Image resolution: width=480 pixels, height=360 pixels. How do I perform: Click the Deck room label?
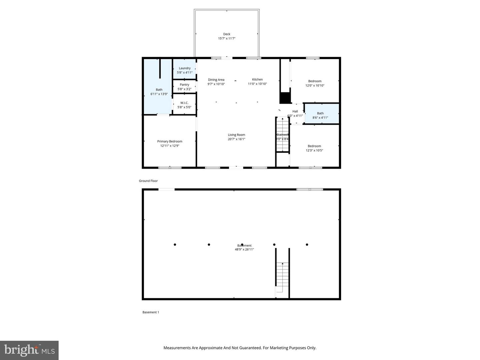click(x=227, y=34)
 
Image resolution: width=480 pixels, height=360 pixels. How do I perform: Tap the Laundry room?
click(x=184, y=69)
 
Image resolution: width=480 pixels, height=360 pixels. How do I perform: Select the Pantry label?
click(x=184, y=85)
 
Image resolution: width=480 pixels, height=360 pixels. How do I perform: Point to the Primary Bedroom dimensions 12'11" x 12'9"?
click(x=170, y=146)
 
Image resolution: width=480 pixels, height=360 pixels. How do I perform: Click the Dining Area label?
click(x=216, y=80)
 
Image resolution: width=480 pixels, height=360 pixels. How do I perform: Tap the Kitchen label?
click(x=257, y=79)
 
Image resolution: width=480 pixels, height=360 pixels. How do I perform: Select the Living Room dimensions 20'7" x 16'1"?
click(x=236, y=139)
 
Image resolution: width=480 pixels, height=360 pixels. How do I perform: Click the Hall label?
click(x=295, y=111)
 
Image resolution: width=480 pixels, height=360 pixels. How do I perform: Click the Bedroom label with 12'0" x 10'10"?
click(x=315, y=81)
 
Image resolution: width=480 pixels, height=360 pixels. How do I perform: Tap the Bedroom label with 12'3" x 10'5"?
click(x=314, y=146)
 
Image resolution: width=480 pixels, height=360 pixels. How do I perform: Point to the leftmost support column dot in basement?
click(x=175, y=245)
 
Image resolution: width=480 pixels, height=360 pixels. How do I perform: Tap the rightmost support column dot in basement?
click(x=307, y=245)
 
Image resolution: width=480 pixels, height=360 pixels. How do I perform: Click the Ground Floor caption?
click(x=148, y=181)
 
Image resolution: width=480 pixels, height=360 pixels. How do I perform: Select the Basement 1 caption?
click(x=151, y=312)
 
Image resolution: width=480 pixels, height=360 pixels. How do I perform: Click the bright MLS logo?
click(x=29, y=350)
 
